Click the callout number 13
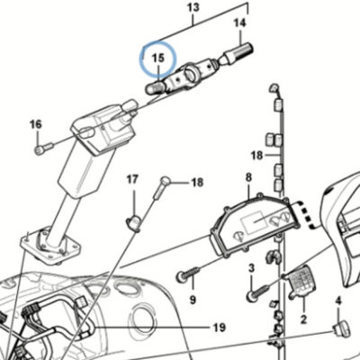pos(193,8)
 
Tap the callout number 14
pos(239,22)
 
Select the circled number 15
pos(158,58)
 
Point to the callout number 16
pos(36,124)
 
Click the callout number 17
pos(132,180)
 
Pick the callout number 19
pos(220,327)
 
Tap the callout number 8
pos(248,177)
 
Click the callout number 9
pos(193,299)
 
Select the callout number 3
pos(251,268)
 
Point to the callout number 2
pos(303,319)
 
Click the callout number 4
pos(338,301)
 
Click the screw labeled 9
pos(188,274)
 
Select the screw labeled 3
pos(258,292)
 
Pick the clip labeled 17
pos(133,222)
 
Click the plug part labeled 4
pos(342,328)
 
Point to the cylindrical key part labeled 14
pos(238,53)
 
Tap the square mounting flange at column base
pos(50,246)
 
